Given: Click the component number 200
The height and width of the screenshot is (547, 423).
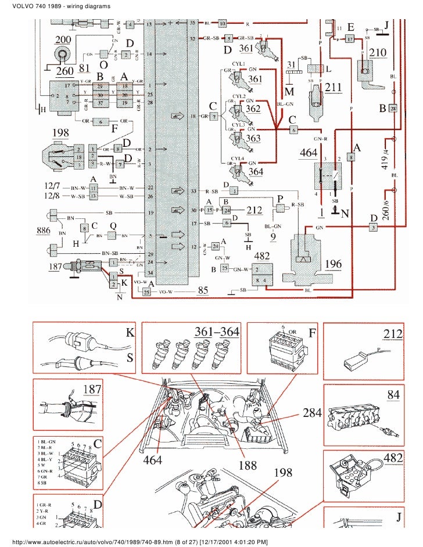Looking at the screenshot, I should point(62,39).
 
